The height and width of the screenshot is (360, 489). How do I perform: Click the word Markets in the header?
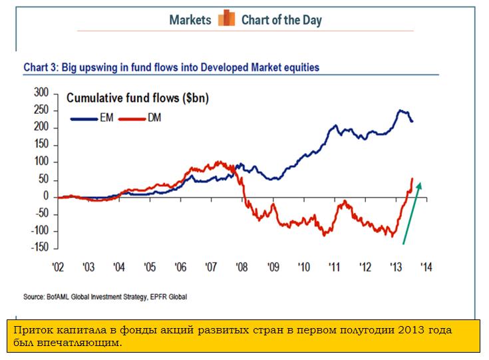coord(190,19)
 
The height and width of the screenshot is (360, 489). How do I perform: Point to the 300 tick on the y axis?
coord(41,92)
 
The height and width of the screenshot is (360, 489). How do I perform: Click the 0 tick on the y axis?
coord(46,196)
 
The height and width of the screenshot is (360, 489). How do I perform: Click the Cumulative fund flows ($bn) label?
coord(137,99)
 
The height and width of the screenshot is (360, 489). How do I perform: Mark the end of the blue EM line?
coord(412,121)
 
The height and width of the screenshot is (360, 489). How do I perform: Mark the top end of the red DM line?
coord(412,178)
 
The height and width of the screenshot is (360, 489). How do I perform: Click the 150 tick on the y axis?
coord(41,144)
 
